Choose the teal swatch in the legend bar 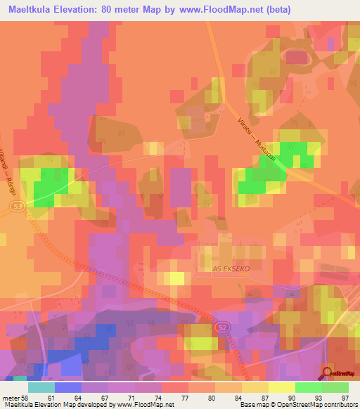coord(41,387)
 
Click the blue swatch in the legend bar coord(68,387)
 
